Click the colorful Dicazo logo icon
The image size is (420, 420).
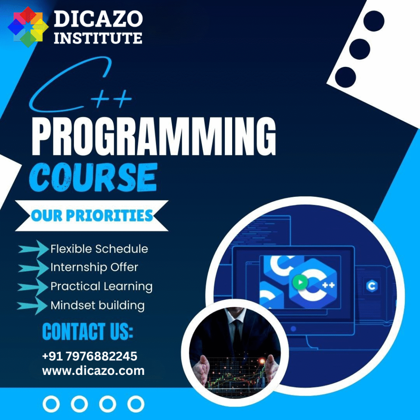point(28,27)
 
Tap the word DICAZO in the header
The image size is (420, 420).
point(98,19)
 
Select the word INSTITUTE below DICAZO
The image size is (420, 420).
point(98,38)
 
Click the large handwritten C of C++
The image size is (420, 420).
point(70,84)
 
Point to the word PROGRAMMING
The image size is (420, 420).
point(154,136)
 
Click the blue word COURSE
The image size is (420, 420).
point(93,178)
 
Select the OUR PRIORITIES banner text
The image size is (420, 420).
point(92,216)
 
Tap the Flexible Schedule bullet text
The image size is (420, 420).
point(99,249)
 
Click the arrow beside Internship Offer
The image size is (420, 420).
point(33,268)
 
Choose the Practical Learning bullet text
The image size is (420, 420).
point(102,286)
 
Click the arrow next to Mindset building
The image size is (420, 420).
point(32,306)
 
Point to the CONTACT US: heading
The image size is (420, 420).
point(88,331)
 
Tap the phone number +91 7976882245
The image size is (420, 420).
point(90,356)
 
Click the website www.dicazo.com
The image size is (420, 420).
point(93,371)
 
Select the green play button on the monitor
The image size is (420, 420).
point(300,282)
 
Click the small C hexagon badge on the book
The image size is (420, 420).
point(372,286)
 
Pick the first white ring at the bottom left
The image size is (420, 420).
point(51,404)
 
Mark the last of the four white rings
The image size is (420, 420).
point(136,404)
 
